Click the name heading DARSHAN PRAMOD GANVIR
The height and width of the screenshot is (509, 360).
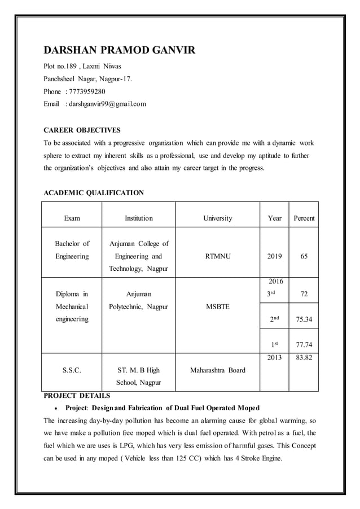(x=120, y=51)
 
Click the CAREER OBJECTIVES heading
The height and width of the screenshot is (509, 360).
(x=82, y=130)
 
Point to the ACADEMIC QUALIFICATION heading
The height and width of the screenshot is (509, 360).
(x=94, y=193)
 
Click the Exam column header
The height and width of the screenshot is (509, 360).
(x=72, y=218)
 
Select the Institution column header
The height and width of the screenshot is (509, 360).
(x=138, y=218)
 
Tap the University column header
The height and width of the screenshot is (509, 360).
(x=217, y=218)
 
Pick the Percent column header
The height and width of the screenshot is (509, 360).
(x=304, y=218)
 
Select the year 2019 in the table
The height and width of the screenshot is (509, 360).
(x=274, y=256)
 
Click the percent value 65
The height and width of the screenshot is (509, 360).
(x=304, y=256)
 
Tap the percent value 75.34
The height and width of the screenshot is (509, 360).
(x=304, y=319)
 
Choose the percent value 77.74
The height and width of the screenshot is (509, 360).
(x=304, y=344)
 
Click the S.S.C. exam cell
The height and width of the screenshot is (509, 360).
(x=72, y=371)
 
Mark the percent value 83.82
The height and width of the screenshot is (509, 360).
(x=304, y=358)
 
